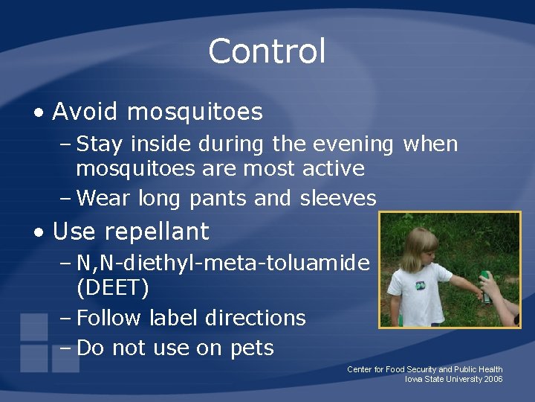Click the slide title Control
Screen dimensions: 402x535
tap(267, 52)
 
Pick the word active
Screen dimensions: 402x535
tap(334, 168)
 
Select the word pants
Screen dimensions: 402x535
tap(218, 199)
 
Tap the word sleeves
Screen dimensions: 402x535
tap(338, 198)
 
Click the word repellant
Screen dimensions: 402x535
tap(157, 232)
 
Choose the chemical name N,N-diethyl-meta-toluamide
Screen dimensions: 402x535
tap(223, 262)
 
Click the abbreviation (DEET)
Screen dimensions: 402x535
tap(112, 287)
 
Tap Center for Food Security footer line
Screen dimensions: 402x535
tap(424, 369)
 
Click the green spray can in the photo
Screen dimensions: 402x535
tap(485, 287)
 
